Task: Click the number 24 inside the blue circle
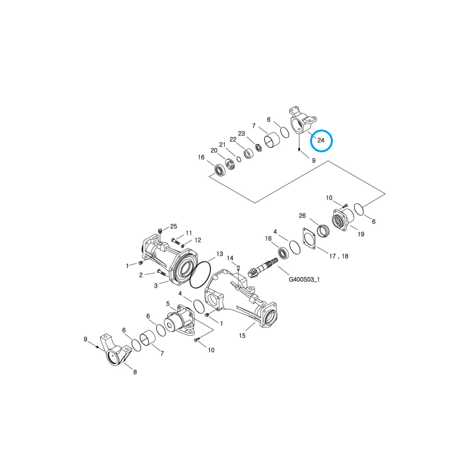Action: click(x=321, y=140)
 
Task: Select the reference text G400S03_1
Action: click(x=304, y=280)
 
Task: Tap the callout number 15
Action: click(x=242, y=336)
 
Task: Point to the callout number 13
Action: click(x=219, y=254)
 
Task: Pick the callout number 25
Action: click(x=173, y=226)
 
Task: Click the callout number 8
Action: click(x=135, y=372)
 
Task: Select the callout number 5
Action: click(x=168, y=303)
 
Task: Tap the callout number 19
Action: click(x=361, y=234)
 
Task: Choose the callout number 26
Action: click(x=302, y=215)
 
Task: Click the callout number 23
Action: click(x=241, y=133)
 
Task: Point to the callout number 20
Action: click(x=214, y=150)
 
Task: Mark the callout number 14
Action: click(x=230, y=258)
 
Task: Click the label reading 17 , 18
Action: click(x=339, y=256)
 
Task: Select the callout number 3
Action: click(x=156, y=286)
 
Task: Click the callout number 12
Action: click(x=197, y=240)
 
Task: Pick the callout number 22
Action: click(x=233, y=139)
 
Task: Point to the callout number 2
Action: click(x=141, y=275)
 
